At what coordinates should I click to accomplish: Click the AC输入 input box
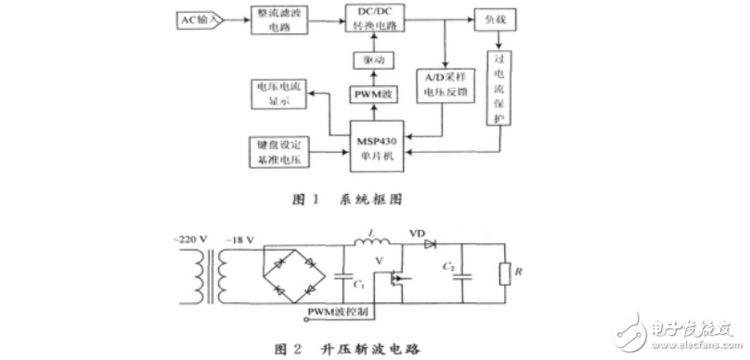[197, 19]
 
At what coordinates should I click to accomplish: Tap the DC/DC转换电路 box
[377, 19]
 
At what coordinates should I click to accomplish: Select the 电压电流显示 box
[278, 94]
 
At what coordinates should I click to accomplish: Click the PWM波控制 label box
[339, 311]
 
